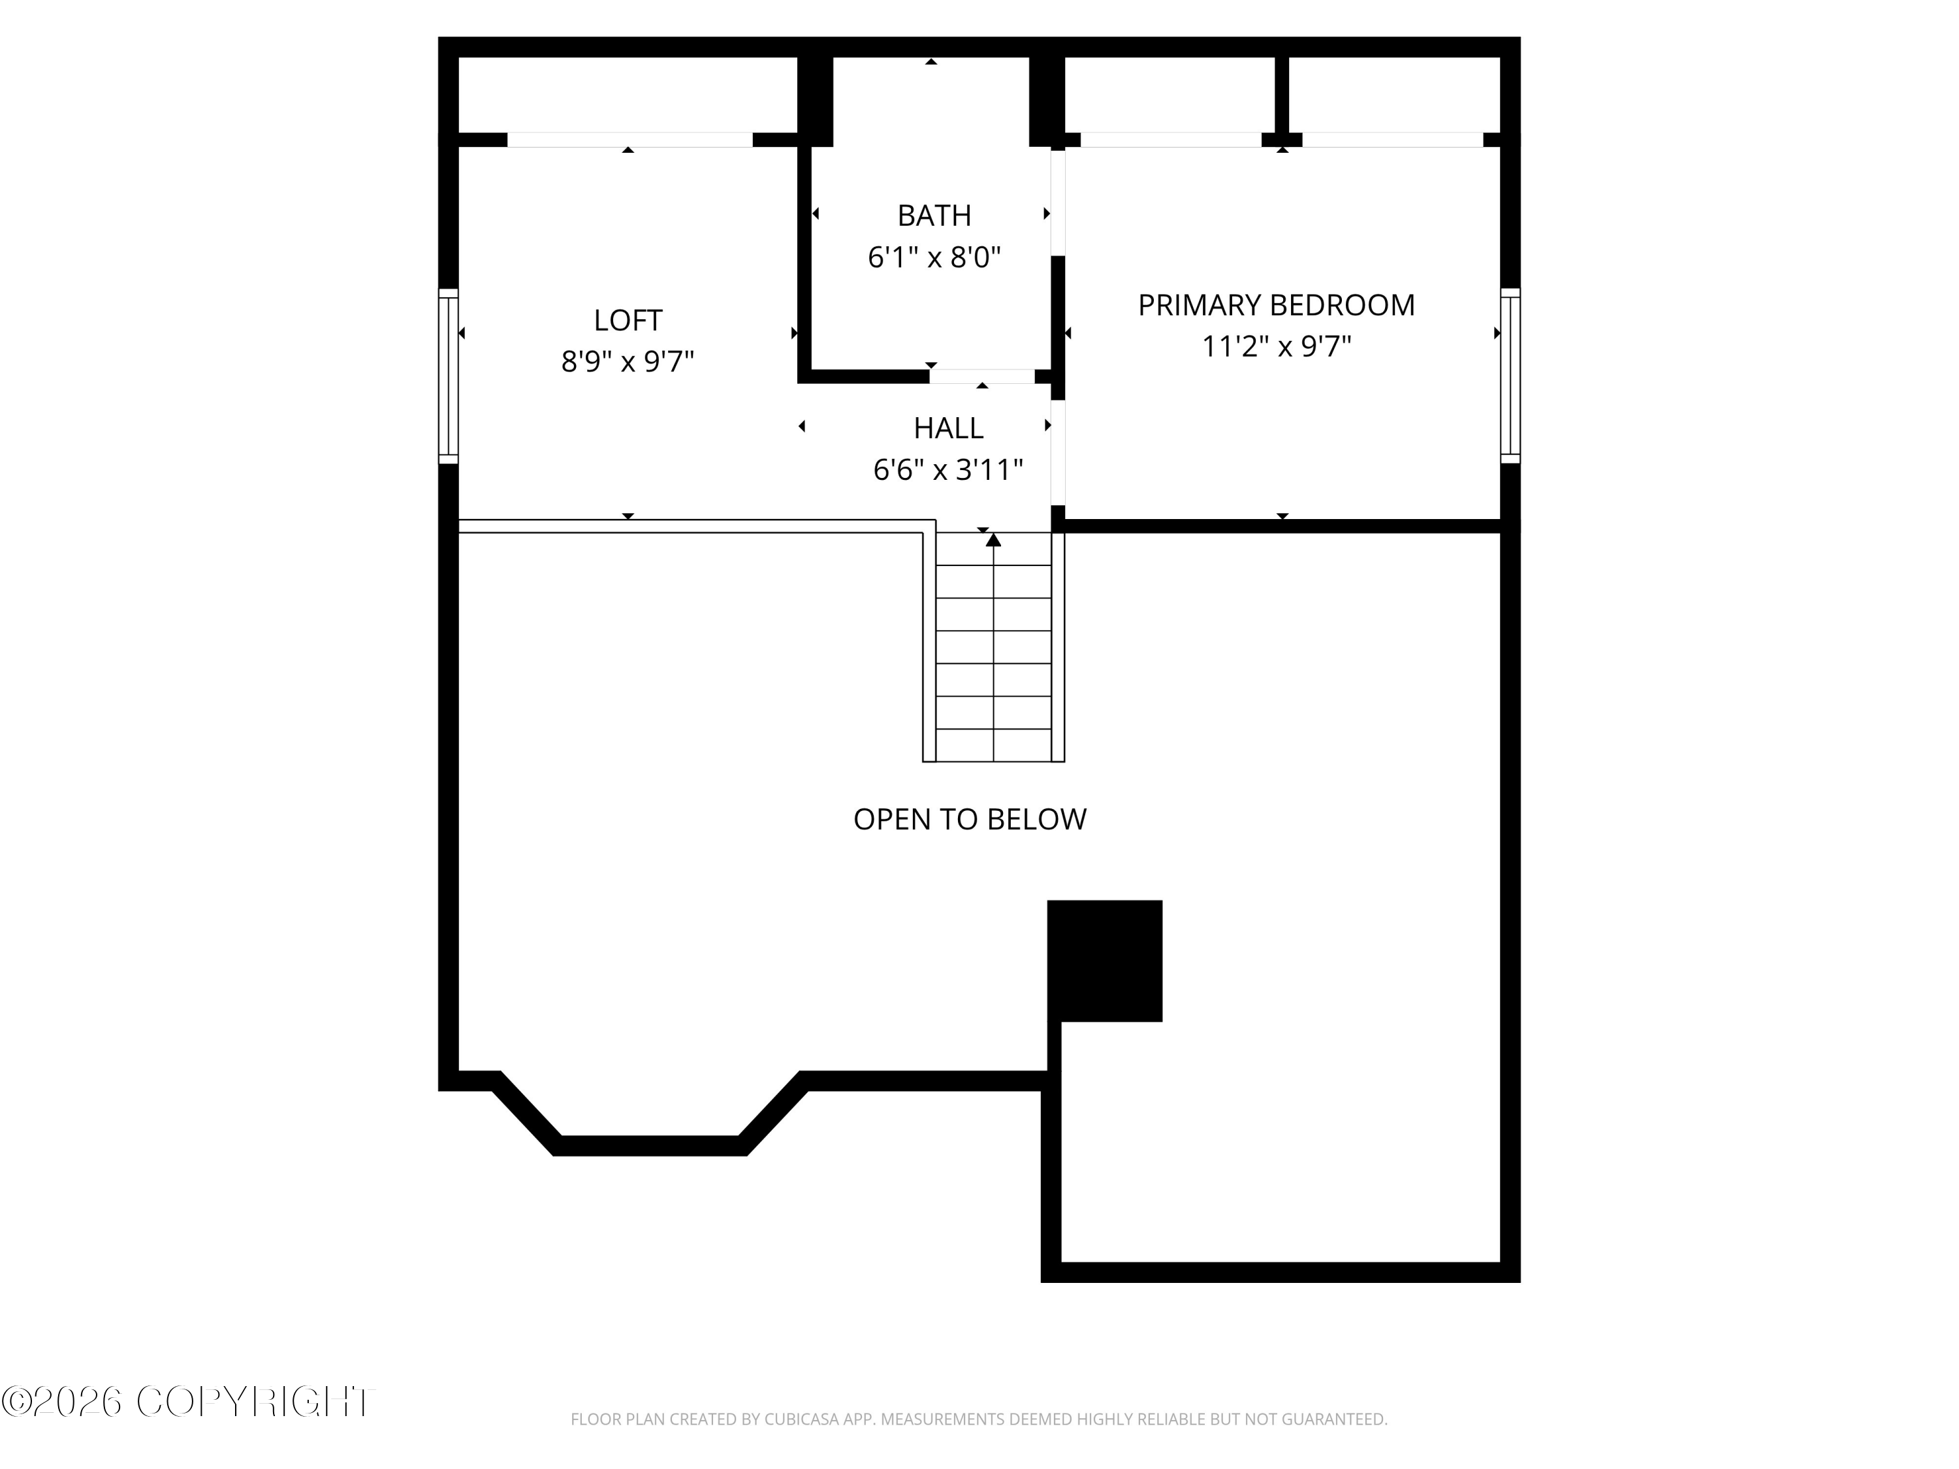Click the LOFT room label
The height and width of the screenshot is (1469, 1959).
628,320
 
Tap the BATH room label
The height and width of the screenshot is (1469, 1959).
934,215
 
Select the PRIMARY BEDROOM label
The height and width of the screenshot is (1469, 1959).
1276,305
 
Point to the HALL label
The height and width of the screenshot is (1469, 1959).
949,428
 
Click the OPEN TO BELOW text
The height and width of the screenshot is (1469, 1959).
970,819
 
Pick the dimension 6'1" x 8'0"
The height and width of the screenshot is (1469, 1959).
934,257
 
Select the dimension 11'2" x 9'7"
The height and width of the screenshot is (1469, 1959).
1276,346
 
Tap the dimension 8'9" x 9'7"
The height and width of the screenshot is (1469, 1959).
628,361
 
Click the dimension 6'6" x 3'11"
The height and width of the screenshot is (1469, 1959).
949,469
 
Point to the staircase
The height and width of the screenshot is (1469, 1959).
994,646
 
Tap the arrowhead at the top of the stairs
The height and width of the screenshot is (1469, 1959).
994,539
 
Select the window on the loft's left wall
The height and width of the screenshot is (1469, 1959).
448,375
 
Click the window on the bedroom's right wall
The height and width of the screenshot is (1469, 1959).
1510,375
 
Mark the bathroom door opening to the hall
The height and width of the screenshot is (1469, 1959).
982,376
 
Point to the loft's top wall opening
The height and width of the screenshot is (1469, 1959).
629,140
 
